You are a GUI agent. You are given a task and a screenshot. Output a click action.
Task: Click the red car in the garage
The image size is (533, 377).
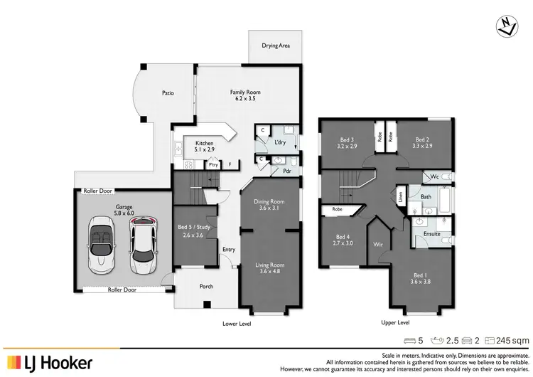click(x=144, y=247)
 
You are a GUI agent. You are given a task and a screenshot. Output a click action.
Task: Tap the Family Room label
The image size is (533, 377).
click(x=242, y=92)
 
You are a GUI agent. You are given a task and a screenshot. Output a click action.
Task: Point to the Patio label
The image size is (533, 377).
click(x=168, y=93)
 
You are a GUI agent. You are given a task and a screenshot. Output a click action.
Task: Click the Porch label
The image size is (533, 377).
click(x=206, y=287)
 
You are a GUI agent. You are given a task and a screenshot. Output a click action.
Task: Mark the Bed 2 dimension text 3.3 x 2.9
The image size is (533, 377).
click(x=422, y=146)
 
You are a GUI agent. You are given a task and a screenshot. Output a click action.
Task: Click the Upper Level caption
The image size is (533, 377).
click(x=396, y=323)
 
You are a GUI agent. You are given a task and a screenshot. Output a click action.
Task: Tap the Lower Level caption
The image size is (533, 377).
click(x=237, y=323)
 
